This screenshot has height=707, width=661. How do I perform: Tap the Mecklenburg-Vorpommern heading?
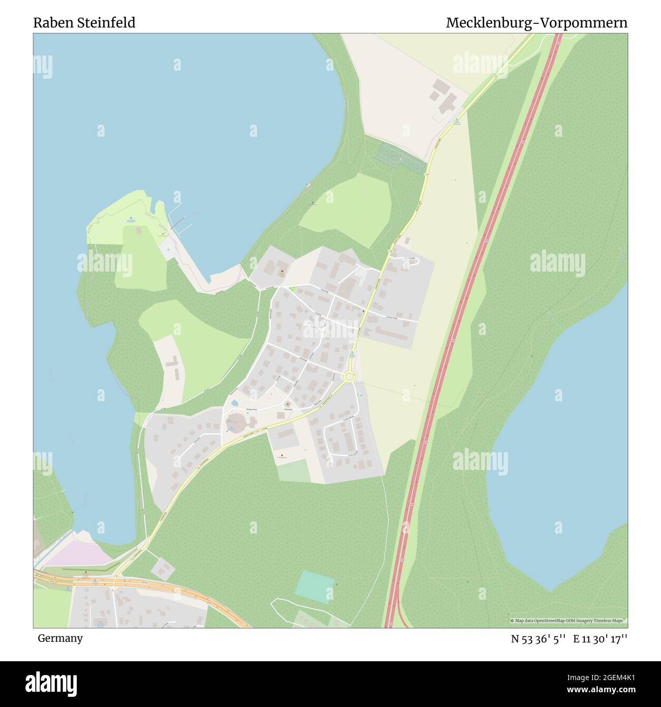[536, 23]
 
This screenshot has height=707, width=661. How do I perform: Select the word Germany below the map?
[60, 638]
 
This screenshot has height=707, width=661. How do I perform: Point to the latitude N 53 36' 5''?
[538, 639]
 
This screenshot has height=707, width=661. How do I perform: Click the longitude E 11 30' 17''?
[600, 639]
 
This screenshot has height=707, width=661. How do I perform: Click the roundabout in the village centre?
[349, 377]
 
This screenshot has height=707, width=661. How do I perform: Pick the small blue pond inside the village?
[234, 403]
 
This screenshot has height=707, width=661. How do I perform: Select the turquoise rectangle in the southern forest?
[315, 586]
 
